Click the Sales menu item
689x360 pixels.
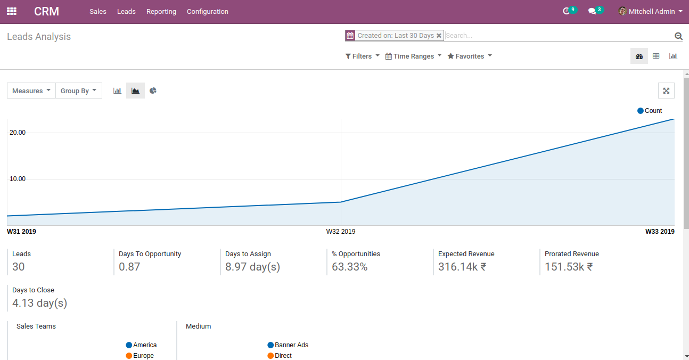point(98,12)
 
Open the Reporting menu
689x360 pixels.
point(161,12)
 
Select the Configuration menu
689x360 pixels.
point(207,12)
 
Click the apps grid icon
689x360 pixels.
point(11,11)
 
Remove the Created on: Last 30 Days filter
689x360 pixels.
point(439,36)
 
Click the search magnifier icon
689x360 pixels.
point(678,36)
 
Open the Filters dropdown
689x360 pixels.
point(362,56)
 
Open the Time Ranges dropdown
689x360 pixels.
point(413,56)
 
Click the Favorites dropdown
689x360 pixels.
point(469,56)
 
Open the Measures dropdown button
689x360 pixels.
point(31,91)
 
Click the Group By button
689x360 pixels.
point(78,91)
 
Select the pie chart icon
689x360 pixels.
point(153,91)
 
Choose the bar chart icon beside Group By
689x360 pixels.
point(117,91)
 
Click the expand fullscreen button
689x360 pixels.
point(666,91)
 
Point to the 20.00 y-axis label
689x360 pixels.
point(18,133)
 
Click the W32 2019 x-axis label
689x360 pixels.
point(341,232)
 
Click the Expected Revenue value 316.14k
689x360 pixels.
point(462,267)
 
